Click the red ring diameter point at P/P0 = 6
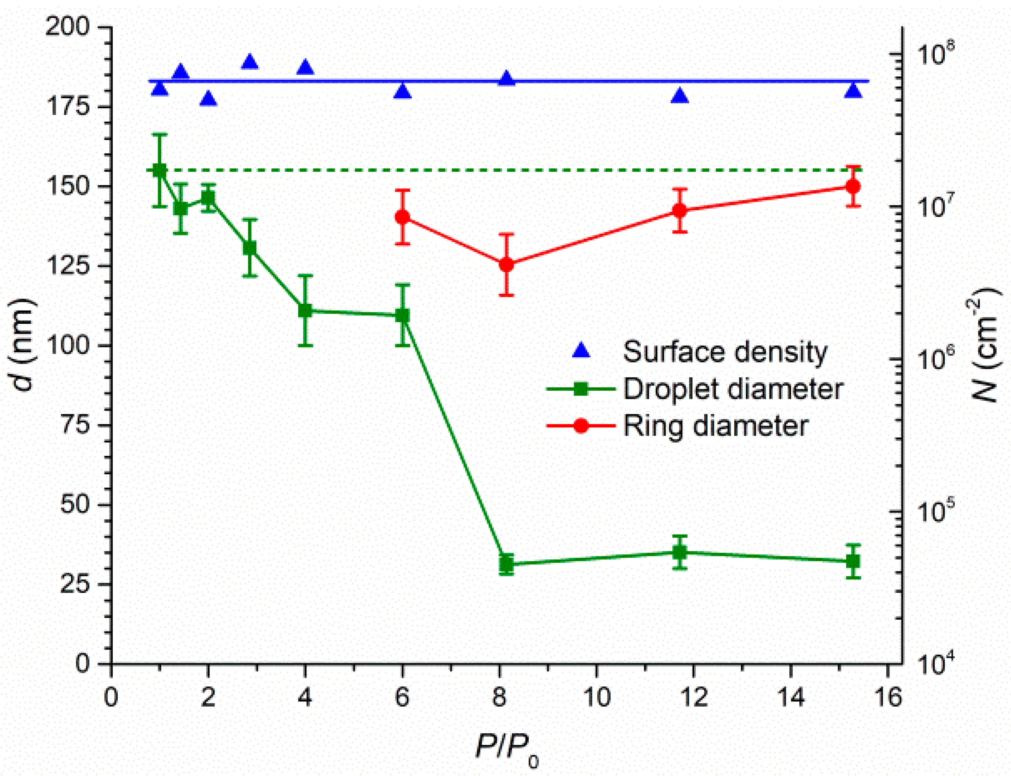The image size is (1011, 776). point(402,217)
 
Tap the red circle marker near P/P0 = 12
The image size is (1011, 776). point(679,210)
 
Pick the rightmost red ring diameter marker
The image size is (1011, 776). point(853,187)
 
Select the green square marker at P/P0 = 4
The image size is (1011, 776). point(305,310)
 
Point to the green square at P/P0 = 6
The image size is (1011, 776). point(402,316)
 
